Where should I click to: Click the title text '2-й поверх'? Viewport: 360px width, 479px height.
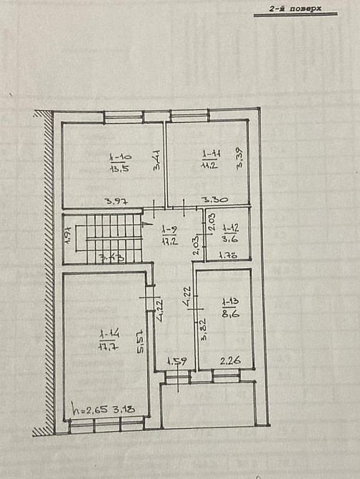click(295, 9)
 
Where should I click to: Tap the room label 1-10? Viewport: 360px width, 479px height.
click(120, 157)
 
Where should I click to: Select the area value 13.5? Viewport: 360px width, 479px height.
click(119, 169)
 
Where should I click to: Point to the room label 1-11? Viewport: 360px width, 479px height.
click(211, 154)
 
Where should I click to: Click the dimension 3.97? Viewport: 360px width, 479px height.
click(110, 201)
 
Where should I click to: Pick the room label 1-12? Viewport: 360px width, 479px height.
click(231, 228)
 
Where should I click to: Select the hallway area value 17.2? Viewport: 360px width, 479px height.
click(169, 240)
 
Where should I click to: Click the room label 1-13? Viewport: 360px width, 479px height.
click(229, 301)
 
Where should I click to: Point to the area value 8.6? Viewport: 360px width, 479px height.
click(230, 312)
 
